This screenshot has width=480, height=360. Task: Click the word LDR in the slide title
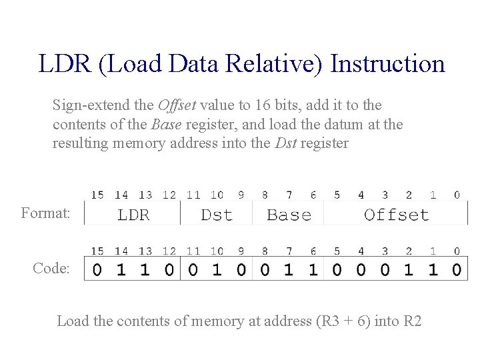click(62, 64)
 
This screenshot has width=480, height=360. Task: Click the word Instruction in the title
click(387, 64)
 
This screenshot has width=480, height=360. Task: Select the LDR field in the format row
click(133, 215)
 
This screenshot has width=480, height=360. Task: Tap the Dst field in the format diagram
click(217, 215)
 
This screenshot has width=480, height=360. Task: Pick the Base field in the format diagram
click(289, 215)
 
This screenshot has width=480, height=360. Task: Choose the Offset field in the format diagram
click(396, 215)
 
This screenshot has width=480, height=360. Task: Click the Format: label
click(45, 213)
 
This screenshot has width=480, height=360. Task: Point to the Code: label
click(51, 268)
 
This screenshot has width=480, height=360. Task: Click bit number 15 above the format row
click(97, 195)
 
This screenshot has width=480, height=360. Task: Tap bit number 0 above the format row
click(457, 195)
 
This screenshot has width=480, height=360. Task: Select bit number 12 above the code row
click(169, 251)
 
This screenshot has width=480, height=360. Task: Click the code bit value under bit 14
click(121, 270)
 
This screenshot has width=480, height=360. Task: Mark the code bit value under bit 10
click(217, 270)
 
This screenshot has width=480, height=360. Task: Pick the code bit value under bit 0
click(457, 270)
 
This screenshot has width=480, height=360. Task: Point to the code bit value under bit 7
click(289, 270)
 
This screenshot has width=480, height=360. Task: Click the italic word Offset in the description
click(177, 105)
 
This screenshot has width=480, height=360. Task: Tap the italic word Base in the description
click(166, 125)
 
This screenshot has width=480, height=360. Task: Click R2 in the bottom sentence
click(413, 321)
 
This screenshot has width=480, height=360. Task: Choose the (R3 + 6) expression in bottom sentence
click(340, 321)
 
